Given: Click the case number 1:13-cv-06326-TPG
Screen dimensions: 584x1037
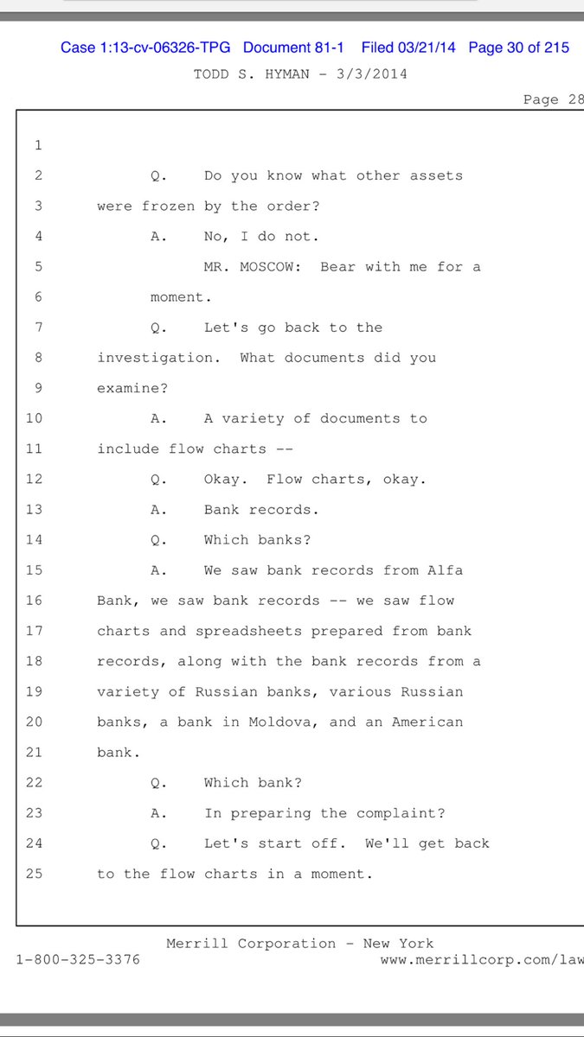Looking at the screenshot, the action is point(165,48).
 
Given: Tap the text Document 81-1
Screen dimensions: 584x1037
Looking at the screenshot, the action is point(293,48).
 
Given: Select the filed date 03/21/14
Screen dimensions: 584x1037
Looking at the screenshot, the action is point(427,48).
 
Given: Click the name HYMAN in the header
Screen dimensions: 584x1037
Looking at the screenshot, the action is point(287,74).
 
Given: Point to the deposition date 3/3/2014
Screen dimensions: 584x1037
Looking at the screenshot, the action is point(372,74).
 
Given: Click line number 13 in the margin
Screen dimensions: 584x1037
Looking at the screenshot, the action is point(34,509).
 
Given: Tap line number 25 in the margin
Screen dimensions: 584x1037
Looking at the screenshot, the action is point(34,874).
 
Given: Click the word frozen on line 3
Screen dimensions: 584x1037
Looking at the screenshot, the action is point(168,206).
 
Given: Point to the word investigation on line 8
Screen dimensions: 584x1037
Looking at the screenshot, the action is point(158,359).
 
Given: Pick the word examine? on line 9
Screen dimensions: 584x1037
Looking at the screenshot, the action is point(132,388).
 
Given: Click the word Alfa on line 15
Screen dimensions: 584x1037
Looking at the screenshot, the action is point(445,569).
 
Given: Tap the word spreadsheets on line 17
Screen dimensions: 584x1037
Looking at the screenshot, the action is point(248,632).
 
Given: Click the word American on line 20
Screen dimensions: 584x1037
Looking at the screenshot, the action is point(427,722).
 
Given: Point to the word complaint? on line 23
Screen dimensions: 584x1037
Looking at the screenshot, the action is point(401,813).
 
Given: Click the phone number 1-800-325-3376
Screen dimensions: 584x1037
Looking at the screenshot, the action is point(78,959).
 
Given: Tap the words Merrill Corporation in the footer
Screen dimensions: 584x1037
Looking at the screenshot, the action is point(251,944).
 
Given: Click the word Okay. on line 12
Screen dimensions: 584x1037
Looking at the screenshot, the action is point(226,479).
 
